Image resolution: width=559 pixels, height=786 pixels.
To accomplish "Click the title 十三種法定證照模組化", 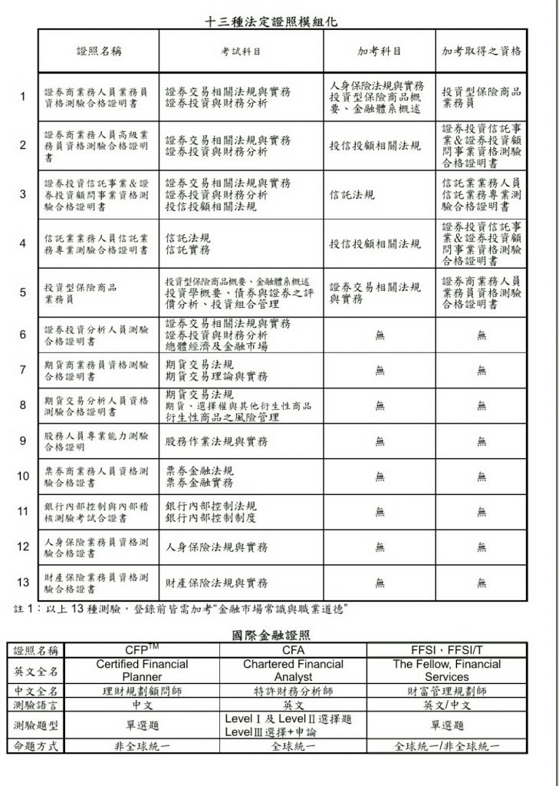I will pos(272,22).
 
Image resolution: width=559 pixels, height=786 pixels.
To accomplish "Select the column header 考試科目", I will pos(241,52).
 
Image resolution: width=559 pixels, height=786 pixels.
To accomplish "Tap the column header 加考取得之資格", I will pos(482,52).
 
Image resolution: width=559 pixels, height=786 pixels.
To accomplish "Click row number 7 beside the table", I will pos(23,370).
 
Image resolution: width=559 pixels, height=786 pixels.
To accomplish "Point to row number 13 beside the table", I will pos(23,582).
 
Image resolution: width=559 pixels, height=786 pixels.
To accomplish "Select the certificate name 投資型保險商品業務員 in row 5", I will pos(81,293).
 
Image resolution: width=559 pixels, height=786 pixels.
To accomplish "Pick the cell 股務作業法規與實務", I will pos(217,441).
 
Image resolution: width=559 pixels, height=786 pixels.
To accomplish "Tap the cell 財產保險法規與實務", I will pos(217,583).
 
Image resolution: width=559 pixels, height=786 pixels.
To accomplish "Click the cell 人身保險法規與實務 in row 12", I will pos(217,547).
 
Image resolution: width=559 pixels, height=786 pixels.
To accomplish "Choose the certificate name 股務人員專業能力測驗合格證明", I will pos(97,441).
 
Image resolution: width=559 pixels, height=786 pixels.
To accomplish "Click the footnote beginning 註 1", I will pos(182,609).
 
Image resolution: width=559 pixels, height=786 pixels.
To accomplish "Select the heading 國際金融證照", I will pos(271,635).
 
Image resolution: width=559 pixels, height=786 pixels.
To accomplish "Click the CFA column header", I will pos(293,650).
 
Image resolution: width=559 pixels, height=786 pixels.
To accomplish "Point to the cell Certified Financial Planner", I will pos(143,670).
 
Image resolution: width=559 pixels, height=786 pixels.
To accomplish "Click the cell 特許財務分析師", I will pos(293,691).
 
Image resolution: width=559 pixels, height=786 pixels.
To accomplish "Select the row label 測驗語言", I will pos(37,705).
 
